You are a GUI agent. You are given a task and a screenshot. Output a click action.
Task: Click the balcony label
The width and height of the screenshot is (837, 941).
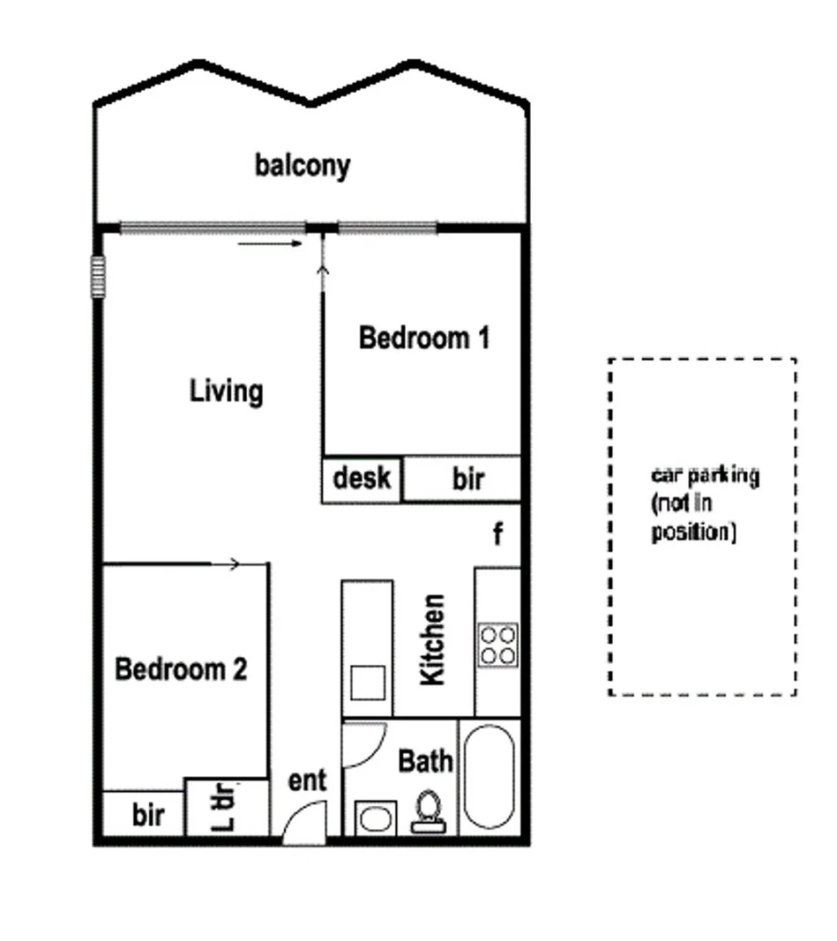(303, 166)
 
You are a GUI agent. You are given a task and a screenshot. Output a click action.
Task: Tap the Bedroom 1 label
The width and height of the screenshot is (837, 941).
(423, 338)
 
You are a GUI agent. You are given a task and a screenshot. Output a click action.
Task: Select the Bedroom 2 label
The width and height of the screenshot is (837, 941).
(181, 669)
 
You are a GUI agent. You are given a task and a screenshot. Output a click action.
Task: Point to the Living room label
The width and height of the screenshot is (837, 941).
(227, 391)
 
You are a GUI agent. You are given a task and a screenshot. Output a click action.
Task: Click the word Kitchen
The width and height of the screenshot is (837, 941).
(433, 639)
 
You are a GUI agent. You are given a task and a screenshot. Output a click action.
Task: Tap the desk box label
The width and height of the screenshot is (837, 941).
(362, 479)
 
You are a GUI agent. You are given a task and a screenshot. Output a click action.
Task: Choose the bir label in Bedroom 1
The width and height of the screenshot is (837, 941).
(468, 480)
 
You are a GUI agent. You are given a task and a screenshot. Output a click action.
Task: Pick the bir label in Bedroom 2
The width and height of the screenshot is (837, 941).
(148, 816)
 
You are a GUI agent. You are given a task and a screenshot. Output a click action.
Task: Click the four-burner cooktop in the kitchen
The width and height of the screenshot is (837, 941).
(497, 645)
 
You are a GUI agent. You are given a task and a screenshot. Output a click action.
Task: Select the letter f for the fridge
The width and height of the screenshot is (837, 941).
(497, 534)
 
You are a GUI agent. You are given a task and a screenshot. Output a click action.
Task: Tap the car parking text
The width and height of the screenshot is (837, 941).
(705, 503)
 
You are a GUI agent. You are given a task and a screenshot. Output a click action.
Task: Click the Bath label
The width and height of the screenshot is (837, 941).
(425, 760)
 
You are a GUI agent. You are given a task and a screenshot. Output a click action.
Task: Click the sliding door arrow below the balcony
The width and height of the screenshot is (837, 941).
(269, 243)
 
